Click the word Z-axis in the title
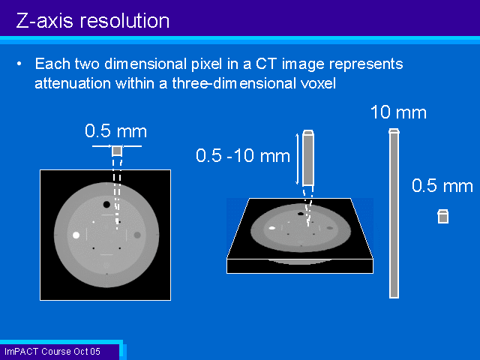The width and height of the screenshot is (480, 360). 45,21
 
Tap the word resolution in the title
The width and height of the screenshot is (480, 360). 124,21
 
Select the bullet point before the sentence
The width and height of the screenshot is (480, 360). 19,64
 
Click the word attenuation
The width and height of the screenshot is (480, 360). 73,83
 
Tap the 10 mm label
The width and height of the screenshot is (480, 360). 398,112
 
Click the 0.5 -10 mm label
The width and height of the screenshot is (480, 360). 243,155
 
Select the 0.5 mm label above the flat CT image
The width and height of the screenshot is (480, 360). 116,131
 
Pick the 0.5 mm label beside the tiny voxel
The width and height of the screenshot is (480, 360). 442,186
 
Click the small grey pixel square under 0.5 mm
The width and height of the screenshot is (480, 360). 117,151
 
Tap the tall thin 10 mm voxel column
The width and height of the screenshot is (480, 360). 394,213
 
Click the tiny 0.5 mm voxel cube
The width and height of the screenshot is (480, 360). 443,217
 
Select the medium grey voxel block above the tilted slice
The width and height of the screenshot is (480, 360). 308,158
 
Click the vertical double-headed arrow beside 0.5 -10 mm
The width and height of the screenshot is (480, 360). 297,159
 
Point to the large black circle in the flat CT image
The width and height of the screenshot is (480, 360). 106,205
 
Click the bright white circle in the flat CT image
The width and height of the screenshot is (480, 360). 76,235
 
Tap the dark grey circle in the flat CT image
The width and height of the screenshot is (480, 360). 137,235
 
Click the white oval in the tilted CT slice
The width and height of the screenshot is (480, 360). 271,228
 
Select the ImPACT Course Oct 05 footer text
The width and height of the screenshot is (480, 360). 52,352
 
